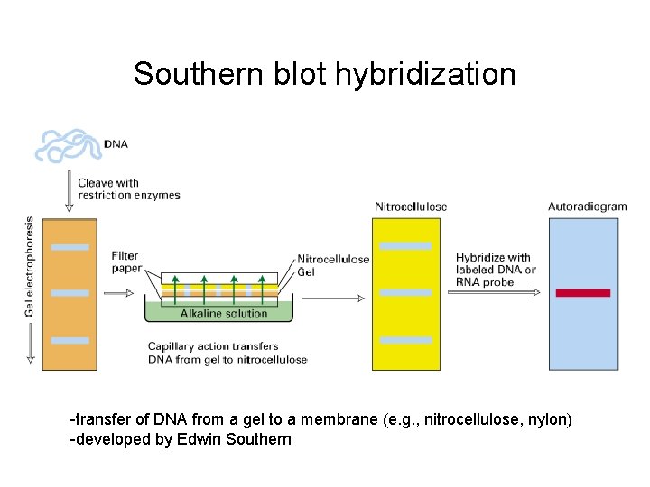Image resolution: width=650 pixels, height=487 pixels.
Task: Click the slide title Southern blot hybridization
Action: point(324,74)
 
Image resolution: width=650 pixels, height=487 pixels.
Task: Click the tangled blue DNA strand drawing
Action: point(68,144)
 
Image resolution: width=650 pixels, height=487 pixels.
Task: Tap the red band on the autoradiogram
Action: point(582,293)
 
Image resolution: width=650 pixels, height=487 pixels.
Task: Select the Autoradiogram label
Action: point(587,207)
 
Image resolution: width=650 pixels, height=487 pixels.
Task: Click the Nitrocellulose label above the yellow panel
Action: point(411,207)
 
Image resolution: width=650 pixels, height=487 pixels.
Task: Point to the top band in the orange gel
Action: point(70,247)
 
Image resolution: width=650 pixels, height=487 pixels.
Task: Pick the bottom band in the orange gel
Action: point(70,340)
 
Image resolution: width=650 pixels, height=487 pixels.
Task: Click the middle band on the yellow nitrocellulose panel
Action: point(405,293)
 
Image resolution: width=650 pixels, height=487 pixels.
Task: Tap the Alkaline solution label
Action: point(224,314)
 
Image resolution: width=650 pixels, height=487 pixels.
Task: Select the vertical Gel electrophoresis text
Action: point(29,267)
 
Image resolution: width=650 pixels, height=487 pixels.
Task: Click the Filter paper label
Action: point(125,262)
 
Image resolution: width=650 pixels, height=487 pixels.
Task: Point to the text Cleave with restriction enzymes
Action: point(128,188)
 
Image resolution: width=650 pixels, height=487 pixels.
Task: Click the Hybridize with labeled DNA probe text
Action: point(496,270)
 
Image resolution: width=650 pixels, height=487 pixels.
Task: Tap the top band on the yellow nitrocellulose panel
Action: point(405,246)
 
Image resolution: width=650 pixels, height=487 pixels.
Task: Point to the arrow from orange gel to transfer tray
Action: point(118,293)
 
